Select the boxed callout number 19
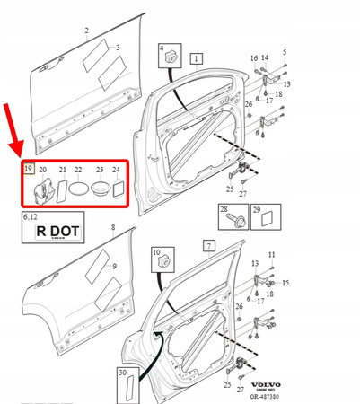tap(29, 168)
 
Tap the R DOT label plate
tap(57, 231)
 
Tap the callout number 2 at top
tap(87, 31)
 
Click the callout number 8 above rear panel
tap(113, 230)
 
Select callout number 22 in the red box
tap(78, 170)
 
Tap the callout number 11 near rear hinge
tap(272, 256)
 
